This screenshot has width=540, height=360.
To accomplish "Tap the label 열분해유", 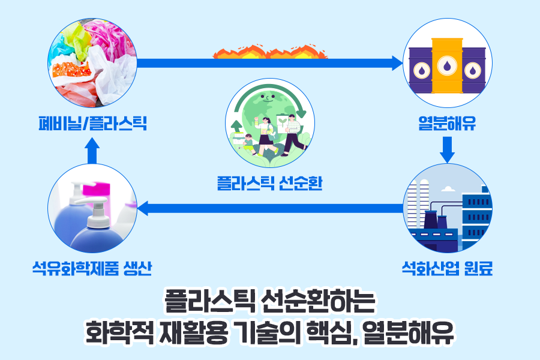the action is (x=447, y=124).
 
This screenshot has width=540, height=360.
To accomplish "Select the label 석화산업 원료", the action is (x=447, y=268).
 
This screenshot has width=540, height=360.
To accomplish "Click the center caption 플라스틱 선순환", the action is (x=269, y=182).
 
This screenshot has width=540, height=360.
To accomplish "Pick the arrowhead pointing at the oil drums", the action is (x=396, y=62).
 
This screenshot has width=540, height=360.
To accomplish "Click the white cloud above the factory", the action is (x=447, y=189).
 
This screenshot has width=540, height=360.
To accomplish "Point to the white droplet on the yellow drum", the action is (x=447, y=65).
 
